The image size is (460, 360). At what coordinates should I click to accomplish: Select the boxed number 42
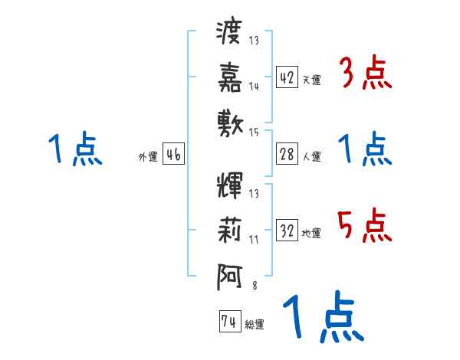click(x=287, y=77)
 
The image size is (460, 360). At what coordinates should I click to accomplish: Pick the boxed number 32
click(x=287, y=231)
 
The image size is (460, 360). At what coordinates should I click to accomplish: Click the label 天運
click(x=311, y=80)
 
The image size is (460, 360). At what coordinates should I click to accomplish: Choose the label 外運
click(x=148, y=157)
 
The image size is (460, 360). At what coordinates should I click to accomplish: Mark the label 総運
click(x=254, y=325)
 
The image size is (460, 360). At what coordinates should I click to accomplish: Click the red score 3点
click(x=364, y=74)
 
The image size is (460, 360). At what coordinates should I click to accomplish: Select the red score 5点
click(x=364, y=227)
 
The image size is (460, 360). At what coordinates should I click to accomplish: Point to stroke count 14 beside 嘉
click(x=254, y=87)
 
